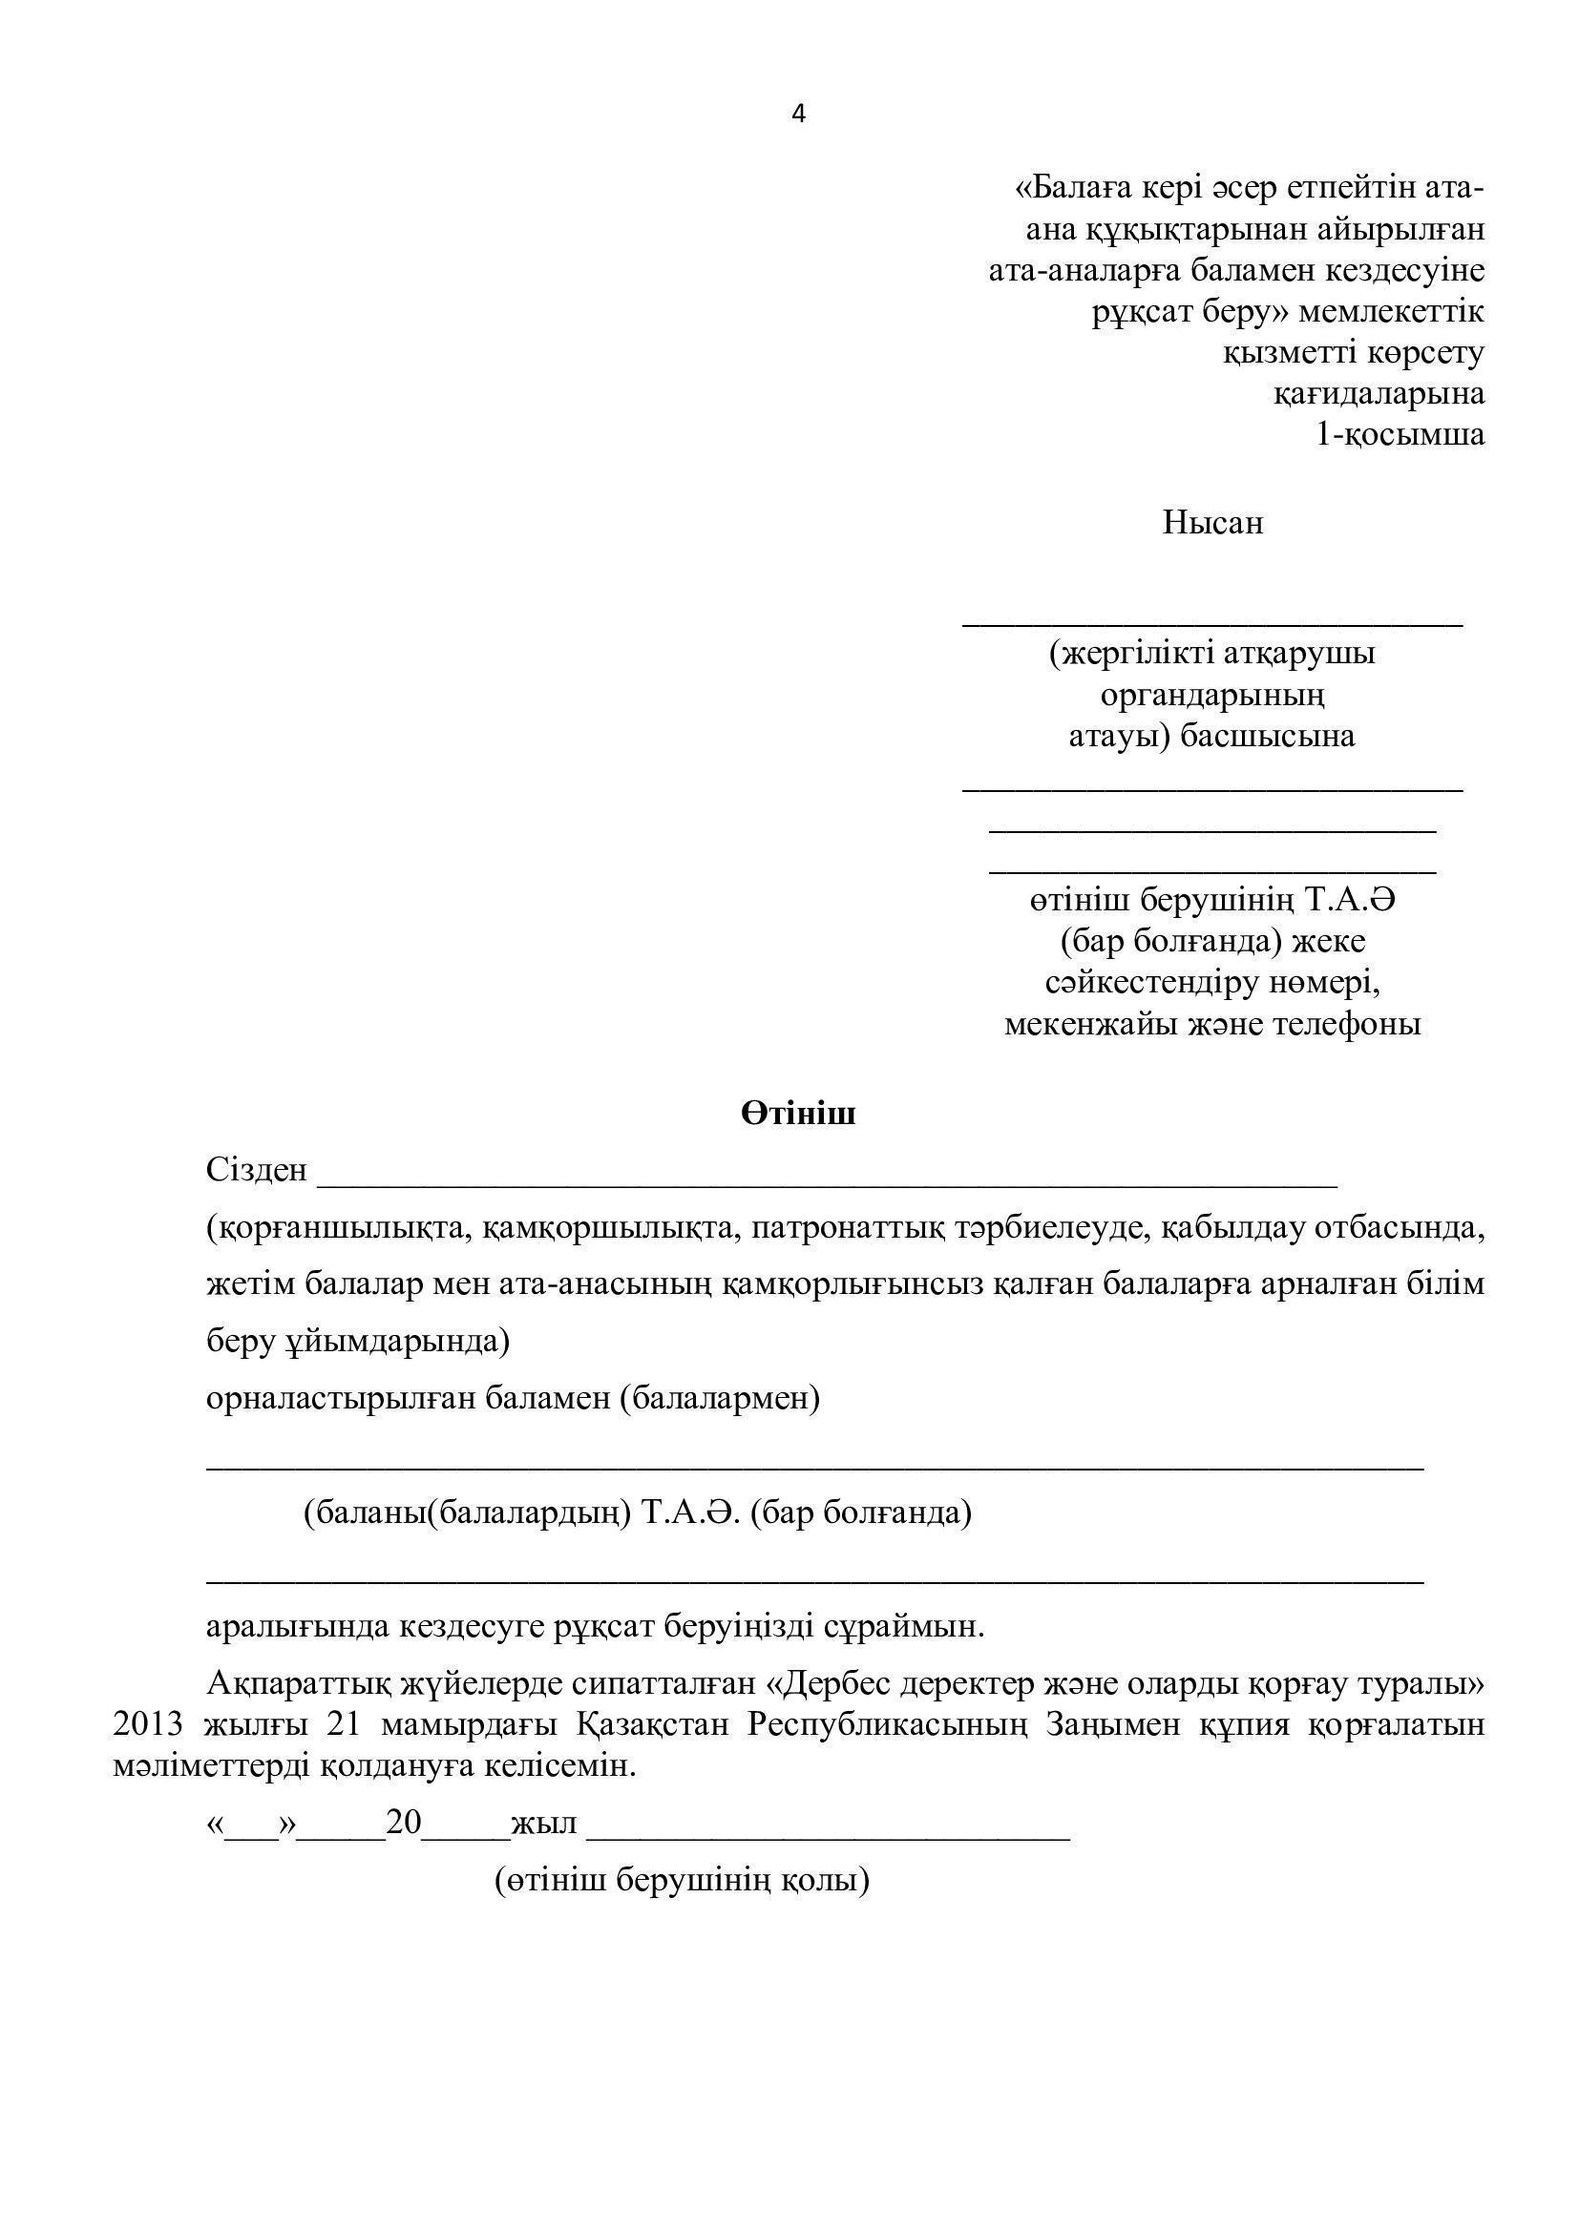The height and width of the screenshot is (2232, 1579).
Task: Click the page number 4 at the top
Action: tap(798, 115)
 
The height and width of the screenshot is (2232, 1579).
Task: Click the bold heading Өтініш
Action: tap(798, 1114)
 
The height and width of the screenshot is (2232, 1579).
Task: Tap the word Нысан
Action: tap(1212, 523)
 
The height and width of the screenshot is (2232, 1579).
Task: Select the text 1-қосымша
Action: tap(1400, 433)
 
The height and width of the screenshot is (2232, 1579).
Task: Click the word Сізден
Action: tap(257, 1171)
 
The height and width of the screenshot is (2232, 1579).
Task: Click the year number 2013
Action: tap(148, 1723)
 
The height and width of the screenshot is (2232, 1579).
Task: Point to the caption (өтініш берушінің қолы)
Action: tap(683, 1879)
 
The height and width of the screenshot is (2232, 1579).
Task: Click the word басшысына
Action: tap(1267, 736)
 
